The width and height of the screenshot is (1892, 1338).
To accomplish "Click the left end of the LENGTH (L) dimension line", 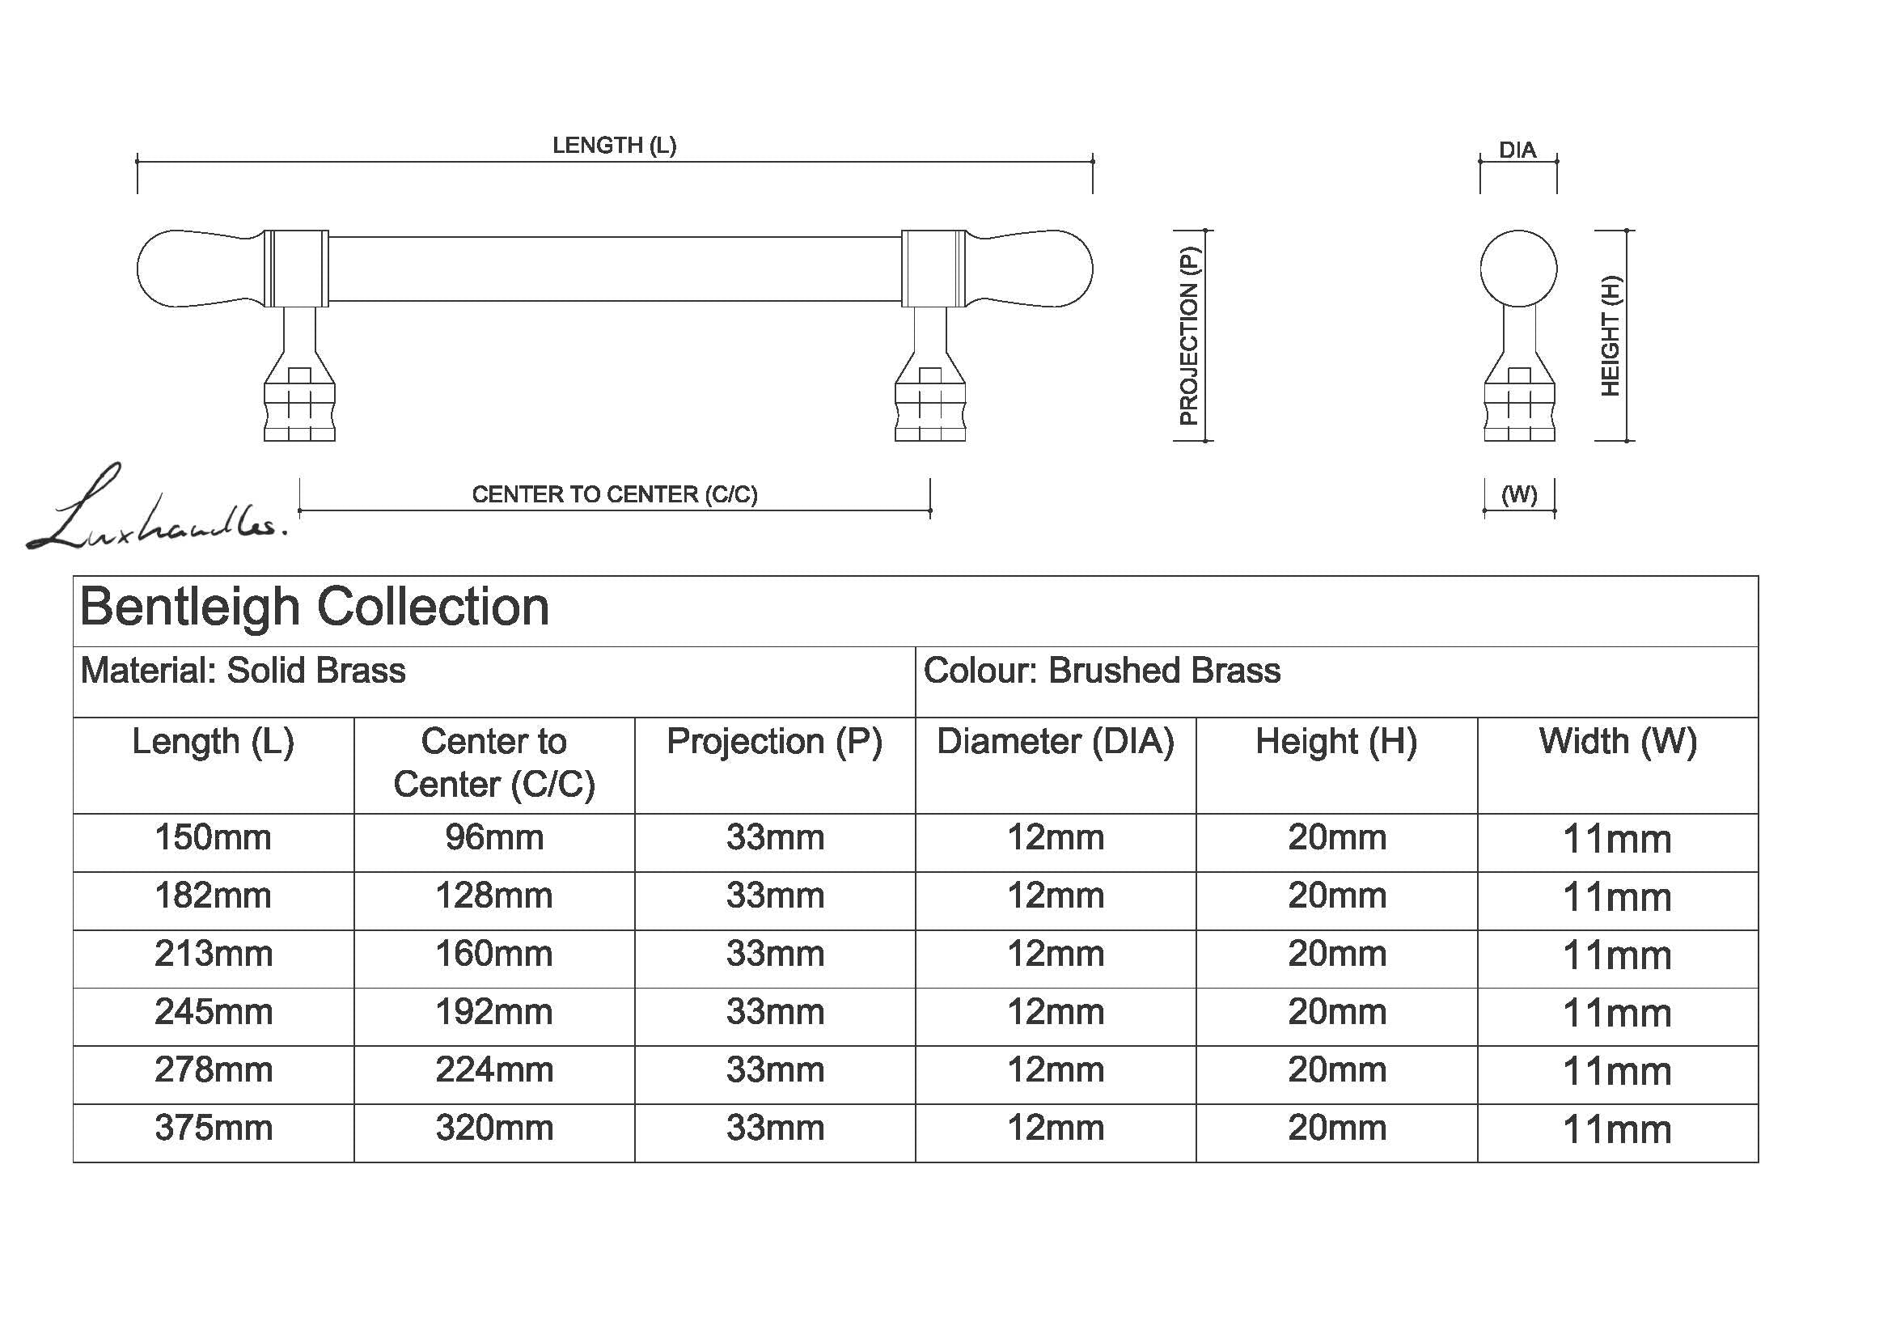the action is coord(138,162).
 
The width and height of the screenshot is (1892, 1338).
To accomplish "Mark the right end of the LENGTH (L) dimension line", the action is coord(1093,162).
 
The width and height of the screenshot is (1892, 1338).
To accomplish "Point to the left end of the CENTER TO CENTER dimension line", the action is coord(299,510).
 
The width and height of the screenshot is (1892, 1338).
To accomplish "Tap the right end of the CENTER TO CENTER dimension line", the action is coord(930,510).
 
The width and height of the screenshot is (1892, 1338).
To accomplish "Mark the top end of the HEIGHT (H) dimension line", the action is coord(1627,231).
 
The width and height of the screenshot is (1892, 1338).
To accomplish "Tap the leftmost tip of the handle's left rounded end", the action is coord(137,269).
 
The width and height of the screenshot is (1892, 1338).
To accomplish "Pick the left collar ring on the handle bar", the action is coord(297,269).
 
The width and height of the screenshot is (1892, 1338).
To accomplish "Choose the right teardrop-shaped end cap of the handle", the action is coord(1029,269).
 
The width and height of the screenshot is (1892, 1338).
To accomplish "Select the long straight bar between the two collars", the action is coord(615,269).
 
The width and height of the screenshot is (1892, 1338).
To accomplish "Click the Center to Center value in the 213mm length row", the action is coord(494,954).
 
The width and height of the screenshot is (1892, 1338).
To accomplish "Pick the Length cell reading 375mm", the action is coord(214,1128).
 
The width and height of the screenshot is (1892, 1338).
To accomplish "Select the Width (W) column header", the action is coord(1618,742).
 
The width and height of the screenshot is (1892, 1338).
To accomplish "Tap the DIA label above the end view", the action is coord(1517,150).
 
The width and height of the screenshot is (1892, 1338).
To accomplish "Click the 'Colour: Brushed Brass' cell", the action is coord(1102,671).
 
